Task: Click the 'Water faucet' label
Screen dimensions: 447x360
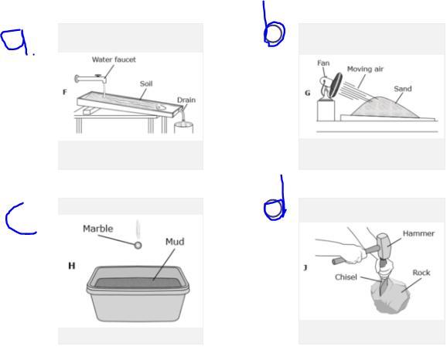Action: pos(114,59)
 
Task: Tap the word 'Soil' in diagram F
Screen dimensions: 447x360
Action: pos(146,83)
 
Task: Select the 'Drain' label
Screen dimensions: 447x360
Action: pos(186,100)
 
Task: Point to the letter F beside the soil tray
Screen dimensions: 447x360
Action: pos(65,92)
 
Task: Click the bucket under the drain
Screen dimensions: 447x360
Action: pos(183,127)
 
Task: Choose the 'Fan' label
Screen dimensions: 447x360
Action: pos(323,63)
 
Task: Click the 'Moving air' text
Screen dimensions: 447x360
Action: pos(365,70)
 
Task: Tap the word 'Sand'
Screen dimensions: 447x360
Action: pos(403,89)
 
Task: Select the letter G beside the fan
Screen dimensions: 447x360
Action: pos(307,93)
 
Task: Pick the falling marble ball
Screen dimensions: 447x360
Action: pos(138,245)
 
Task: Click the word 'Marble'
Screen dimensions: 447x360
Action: pos(97,229)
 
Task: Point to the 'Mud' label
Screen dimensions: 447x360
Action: pos(175,242)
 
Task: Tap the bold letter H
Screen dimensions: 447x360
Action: pos(72,266)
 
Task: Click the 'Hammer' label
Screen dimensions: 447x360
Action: pos(418,233)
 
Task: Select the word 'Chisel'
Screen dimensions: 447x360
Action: pos(346,277)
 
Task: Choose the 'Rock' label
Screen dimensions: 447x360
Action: pos(421,273)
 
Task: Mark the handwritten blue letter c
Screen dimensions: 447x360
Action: pos(20,219)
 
